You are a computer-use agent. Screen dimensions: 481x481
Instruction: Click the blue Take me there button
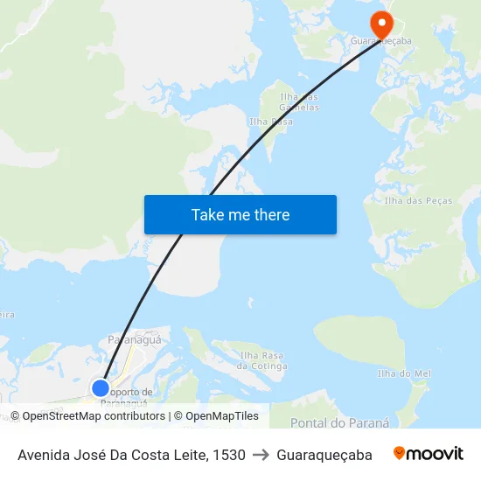[240, 215]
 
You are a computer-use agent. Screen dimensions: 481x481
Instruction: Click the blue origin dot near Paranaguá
[101, 387]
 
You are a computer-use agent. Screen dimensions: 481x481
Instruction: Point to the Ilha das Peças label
[419, 200]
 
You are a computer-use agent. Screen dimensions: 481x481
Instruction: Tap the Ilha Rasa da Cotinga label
[263, 360]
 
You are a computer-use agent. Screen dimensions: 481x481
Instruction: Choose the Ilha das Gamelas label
[299, 101]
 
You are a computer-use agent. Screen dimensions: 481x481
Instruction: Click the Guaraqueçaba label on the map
[381, 41]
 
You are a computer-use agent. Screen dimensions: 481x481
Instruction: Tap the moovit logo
[429, 454]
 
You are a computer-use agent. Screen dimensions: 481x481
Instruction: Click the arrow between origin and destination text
[261, 455]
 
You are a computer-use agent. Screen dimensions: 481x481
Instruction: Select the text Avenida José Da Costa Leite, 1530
[131, 455]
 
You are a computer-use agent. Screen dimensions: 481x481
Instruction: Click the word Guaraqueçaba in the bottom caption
[324, 455]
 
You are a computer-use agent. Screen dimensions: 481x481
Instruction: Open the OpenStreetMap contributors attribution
[93, 416]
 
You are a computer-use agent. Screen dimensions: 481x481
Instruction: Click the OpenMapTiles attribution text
[221, 416]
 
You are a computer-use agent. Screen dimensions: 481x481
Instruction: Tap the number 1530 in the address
[228, 455]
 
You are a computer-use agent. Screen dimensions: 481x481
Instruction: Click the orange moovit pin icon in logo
[400, 453]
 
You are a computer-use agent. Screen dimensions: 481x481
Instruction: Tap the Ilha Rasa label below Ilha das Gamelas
[271, 122]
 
